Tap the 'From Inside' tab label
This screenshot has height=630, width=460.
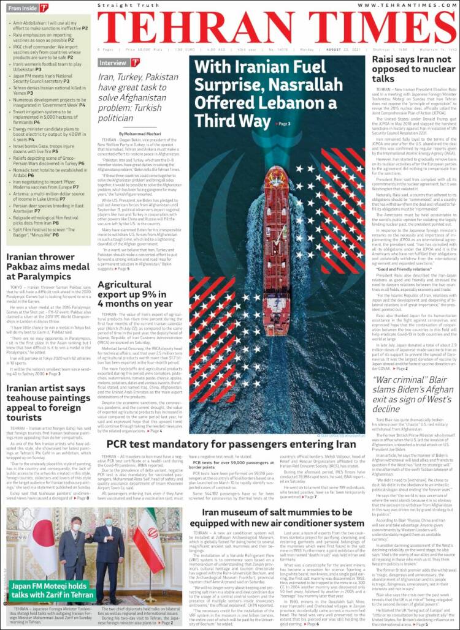[x=23, y=9]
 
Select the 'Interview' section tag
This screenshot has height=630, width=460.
[x=113, y=62]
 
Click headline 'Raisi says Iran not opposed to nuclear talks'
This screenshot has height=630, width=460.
[x=411, y=69]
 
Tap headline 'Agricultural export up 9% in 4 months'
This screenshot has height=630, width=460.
[x=135, y=294]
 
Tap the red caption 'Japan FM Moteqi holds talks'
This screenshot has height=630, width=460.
[x=52, y=590]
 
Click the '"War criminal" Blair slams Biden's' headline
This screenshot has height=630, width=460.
[x=411, y=394]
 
